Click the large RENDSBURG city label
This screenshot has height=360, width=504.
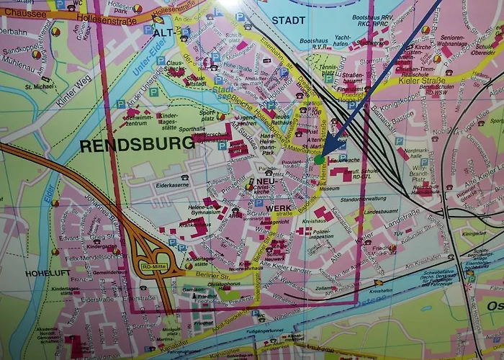[x=137, y=144]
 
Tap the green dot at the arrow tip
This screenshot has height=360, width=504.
[x=319, y=159]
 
